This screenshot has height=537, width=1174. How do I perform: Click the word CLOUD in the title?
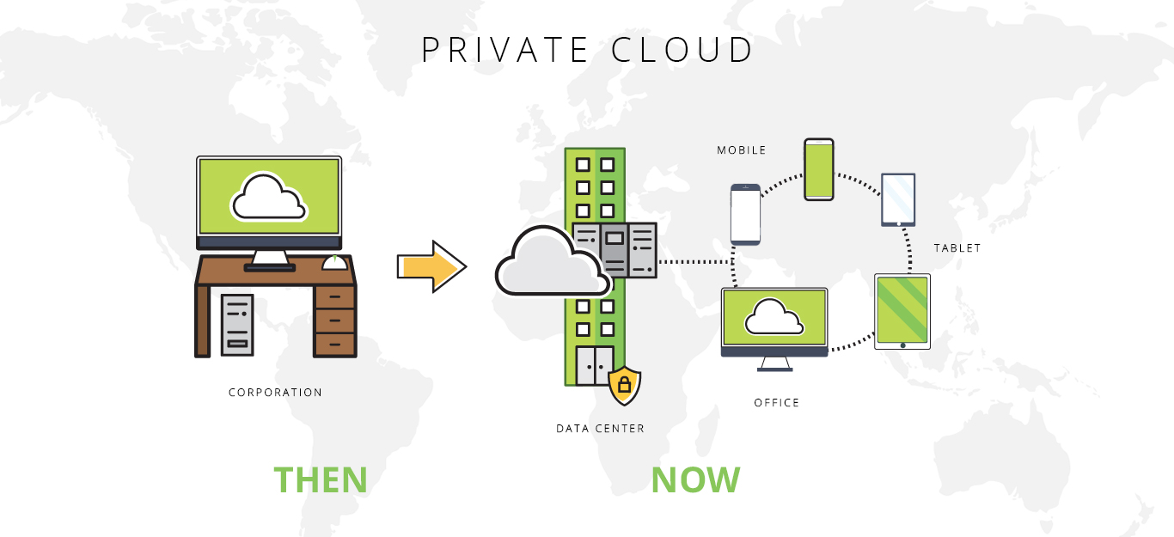[x=682, y=50]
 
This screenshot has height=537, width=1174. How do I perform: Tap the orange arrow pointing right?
[x=431, y=267]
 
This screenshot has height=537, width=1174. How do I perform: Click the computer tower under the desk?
[x=237, y=325]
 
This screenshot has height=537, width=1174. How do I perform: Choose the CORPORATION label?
[x=275, y=393]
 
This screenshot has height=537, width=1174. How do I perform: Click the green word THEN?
[x=321, y=479]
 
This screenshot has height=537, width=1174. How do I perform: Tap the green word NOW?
[x=695, y=479]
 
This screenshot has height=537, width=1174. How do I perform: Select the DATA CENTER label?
[x=600, y=428]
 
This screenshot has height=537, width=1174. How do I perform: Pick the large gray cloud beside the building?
[x=548, y=263]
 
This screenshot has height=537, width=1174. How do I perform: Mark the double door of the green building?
[x=595, y=365]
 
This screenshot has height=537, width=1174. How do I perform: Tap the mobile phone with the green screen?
[x=819, y=169]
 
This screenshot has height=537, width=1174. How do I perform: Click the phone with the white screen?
[x=745, y=215]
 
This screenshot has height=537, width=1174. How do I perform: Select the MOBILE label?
[x=741, y=150]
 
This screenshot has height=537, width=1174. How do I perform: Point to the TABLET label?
[x=957, y=248]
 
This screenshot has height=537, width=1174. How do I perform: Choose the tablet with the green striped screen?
[x=902, y=311]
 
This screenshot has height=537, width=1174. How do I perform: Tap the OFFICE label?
[x=776, y=402]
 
